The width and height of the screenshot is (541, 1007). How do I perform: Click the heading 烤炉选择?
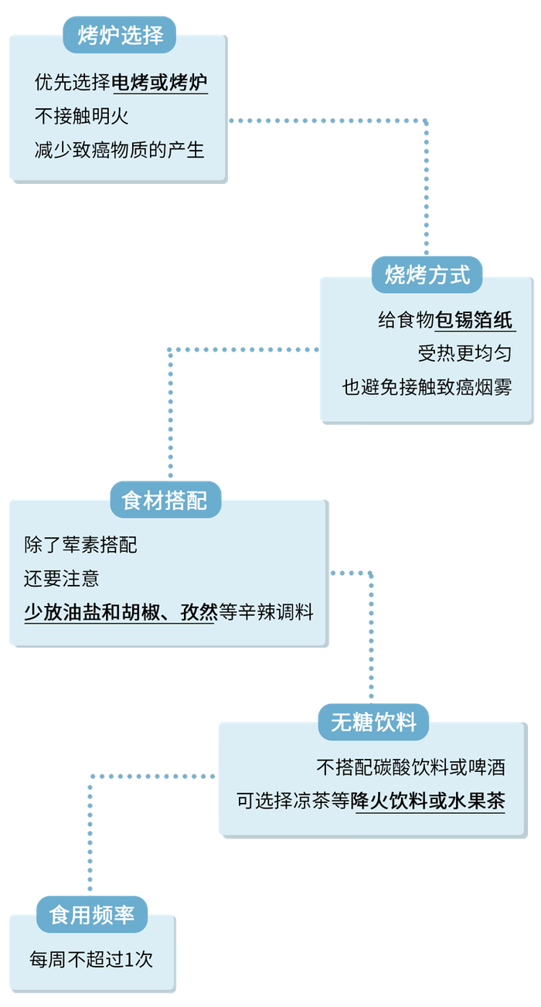[120, 35]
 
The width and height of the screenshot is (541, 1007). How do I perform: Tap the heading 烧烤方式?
[427, 274]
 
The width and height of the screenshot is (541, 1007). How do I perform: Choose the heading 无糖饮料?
[374, 722]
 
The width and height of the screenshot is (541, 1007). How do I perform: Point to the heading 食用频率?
[92, 914]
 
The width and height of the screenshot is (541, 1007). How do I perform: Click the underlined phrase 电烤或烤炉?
[160, 82]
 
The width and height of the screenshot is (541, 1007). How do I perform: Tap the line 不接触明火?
[81, 116]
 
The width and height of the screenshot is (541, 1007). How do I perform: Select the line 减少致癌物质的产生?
[119, 150]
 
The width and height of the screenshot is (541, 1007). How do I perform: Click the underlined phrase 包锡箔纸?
[474, 320]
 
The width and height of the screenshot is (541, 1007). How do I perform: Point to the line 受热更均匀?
[464, 353]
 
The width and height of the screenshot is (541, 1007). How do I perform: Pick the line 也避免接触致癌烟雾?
[427, 386]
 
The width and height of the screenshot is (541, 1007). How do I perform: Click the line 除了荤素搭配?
[80, 545]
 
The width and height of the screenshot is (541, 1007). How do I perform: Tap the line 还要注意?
[61, 578]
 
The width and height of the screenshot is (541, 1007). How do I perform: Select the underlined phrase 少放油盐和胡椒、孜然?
[121, 612]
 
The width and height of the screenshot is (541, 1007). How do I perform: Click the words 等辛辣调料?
[266, 612]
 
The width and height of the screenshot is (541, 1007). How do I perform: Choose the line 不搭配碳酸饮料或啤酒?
[411, 767]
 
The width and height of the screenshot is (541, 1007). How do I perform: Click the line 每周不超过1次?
[91, 959]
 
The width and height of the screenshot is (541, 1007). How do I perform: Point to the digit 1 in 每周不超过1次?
[128, 960]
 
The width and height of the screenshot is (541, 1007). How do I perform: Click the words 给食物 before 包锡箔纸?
[406, 320]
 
